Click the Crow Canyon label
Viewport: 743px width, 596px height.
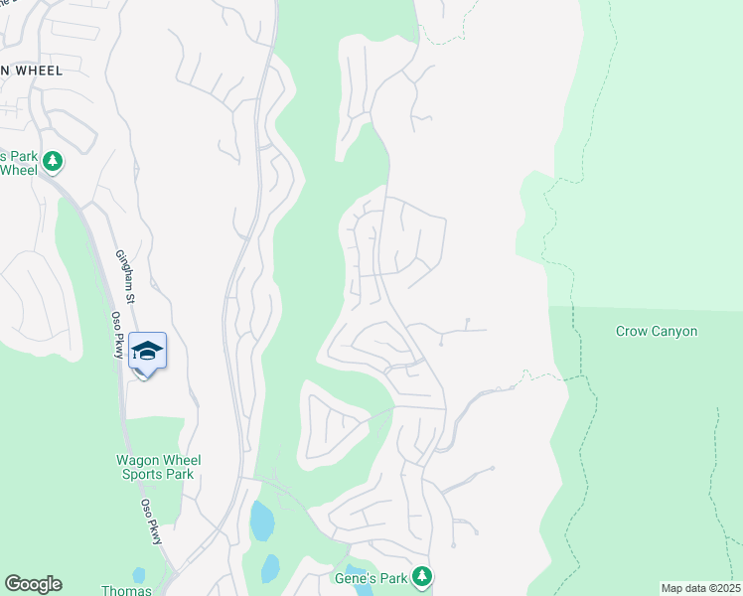(x=656, y=332)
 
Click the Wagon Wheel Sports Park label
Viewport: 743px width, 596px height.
(x=159, y=467)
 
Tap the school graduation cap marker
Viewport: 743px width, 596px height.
(x=147, y=351)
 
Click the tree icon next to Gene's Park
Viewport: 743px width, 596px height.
(x=423, y=575)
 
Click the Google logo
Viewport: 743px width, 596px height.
(x=33, y=584)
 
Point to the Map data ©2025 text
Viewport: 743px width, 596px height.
(x=700, y=588)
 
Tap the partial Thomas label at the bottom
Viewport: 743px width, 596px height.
(x=127, y=590)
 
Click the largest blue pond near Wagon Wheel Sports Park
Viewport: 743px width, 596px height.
(x=262, y=521)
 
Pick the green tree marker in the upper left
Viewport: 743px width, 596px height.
(x=52, y=161)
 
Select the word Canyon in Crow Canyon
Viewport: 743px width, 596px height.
(x=674, y=332)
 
